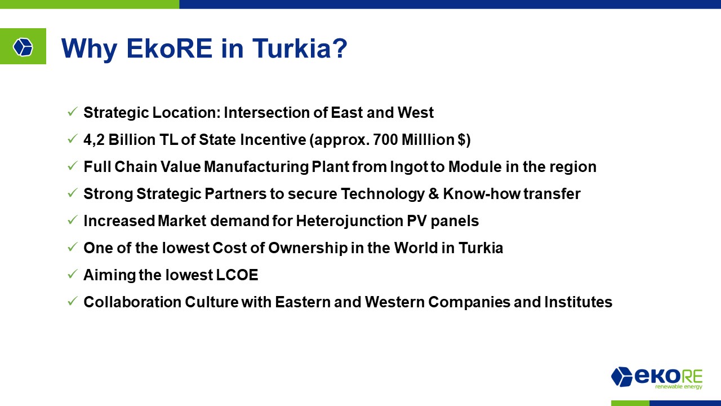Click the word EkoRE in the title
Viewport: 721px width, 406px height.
pyautogui.click(x=170, y=48)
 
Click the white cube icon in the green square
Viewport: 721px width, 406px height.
pyautogui.click(x=23, y=47)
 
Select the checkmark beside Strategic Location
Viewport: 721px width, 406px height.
pyautogui.click(x=72, y=112)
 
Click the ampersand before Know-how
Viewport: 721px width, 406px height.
pyautogui.click(x=433, y=194)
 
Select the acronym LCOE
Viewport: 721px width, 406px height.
pyautogui.click(x=237, y=275)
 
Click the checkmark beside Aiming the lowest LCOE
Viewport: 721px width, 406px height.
pyautogui.click(x=72, y=274)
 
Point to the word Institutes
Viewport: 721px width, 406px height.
pyautogui.click(x=578, y=302)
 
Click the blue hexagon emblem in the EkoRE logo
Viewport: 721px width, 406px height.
pyautogui.click(x=621, y=376)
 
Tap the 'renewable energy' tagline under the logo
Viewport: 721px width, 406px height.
pyautogui.click(x=679, y=386)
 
